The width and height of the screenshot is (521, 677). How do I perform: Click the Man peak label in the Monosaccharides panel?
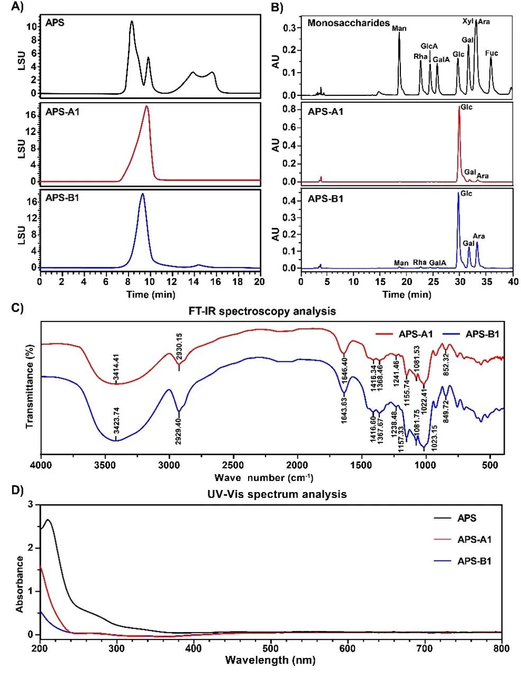point(399,28)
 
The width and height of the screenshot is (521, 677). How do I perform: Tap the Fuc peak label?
point(491,53)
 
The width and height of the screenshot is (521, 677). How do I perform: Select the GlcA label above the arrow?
point(429,47)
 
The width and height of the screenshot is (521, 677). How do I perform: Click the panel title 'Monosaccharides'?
point(349,23)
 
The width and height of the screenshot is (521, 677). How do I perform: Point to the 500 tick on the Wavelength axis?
point(271,647)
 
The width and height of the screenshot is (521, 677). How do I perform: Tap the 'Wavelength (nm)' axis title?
point(270,660)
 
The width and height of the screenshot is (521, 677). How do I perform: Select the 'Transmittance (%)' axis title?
point(30,386)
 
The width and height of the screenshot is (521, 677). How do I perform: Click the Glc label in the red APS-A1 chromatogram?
point(466,108)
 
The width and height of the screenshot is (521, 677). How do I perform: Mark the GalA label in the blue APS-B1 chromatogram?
point(437,263)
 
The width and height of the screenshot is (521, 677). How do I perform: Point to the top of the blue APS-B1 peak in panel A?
point(142,194)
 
